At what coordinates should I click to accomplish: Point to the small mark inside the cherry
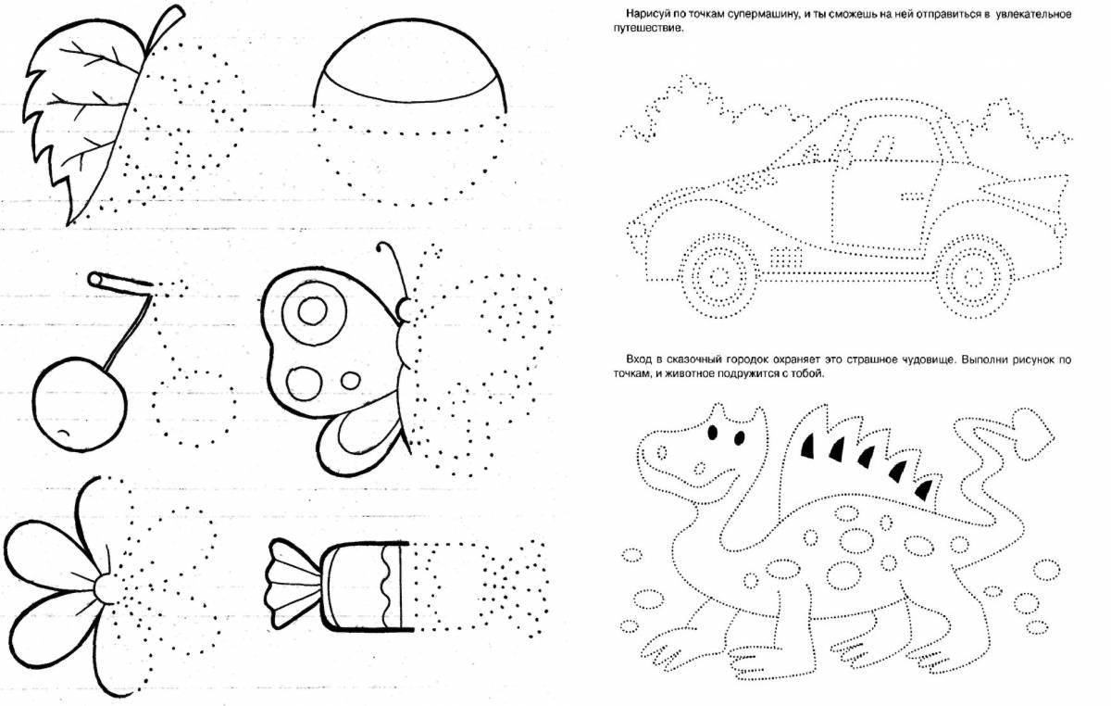tap(63, 434)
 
